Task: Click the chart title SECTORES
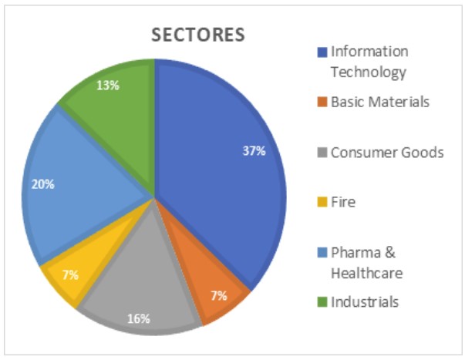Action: pos(197,35)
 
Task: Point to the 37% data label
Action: pos(254,151)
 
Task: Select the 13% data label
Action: pos(108,85)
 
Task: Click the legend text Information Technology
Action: pos(369,62)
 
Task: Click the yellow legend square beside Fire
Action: pos(322,203)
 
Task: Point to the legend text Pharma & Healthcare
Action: pos(366,262)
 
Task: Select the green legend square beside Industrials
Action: pos(322,302)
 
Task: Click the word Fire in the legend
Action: pos(343,202)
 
